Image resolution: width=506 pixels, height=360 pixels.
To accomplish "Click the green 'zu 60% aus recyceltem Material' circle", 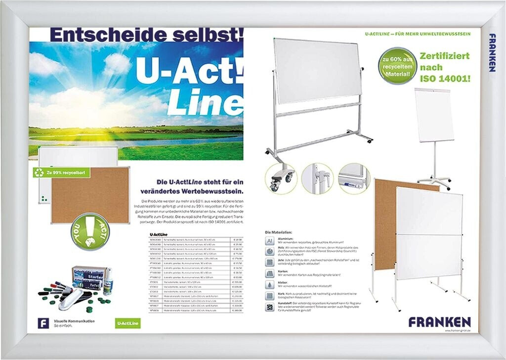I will pos(397,65).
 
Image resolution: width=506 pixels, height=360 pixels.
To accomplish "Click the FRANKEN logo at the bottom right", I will pos(439,322).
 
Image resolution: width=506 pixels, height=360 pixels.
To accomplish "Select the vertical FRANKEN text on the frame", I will pos(492,52).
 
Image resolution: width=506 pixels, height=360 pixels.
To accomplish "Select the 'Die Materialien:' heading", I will pos(279,232).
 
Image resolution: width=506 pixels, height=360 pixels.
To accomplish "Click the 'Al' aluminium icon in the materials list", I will pos(270,240).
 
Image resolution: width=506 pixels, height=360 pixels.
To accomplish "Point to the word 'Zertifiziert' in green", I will pos(445,55).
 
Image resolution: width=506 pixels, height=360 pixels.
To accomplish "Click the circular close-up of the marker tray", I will pos(353,178).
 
